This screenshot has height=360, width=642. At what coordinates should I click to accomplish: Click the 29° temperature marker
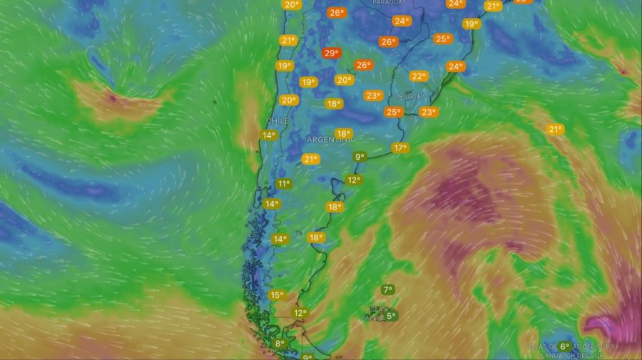pyautogui.click(x=332, y=53)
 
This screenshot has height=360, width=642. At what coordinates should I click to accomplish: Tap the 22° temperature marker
pyautogui.click(x=419, y=76)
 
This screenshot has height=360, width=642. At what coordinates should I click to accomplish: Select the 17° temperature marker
pyautogui.click(x=400, y=148)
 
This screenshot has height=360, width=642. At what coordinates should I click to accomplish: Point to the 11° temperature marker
pyautogui.click(x=284, y=184)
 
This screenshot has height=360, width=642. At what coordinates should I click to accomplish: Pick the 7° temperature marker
pyautogui.click(x=387, y=290)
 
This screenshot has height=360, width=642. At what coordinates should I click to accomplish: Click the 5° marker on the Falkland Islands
pyautogui.click(x=391, y=315)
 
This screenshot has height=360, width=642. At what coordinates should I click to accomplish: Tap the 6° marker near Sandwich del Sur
pyautogui.click(x=564, y=346)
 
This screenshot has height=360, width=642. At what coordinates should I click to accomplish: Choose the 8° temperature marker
pyautogui.click(x=280, y=344)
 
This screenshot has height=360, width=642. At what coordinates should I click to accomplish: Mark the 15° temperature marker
pyautogui.click(x=277, y=295)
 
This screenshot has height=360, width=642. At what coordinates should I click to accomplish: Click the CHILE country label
pyautogui.click(x=277, y=121)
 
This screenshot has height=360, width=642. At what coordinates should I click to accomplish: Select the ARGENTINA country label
pyautogui.click(x=330, y=140)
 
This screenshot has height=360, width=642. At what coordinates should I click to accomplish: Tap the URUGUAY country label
pyautogui.click(x=409, y=96)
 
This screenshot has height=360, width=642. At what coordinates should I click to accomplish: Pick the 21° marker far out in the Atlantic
pyautogui.click(x=555, y=129)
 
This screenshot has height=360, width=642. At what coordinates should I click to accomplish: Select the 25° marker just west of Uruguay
pyautogui.click(x=394, y=112)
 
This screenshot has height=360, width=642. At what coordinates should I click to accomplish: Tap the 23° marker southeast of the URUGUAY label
pyautogui.click(x=429, y=112)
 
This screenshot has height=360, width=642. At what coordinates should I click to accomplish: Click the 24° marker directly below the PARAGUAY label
pyautogui.click(x=402, y=21)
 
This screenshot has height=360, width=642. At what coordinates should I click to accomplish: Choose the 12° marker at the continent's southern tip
pyautogui.click(x=300, y=313)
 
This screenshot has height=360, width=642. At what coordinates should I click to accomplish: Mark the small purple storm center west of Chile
pyautogui.click(x=113, y=98)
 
